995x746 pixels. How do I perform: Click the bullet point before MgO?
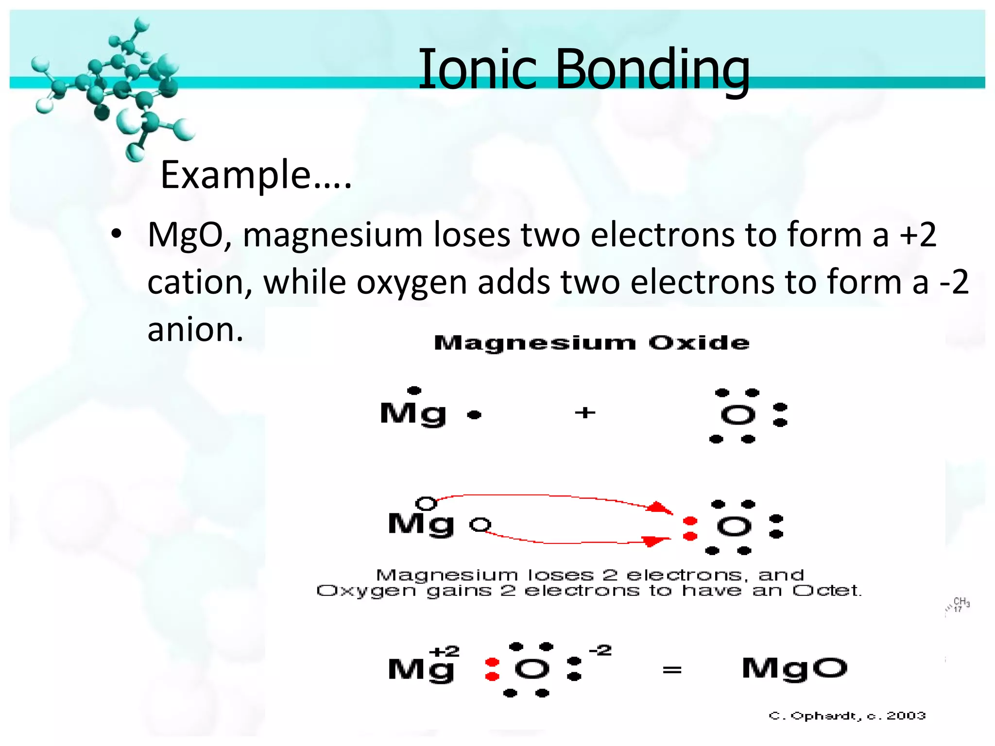point(116,235)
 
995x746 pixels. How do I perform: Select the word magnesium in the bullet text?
point(332,235)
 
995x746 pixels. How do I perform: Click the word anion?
point(195,330)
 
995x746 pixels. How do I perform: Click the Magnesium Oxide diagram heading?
point(591,343)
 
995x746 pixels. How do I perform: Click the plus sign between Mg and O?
point(585,413)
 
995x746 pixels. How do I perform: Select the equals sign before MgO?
point(672,670)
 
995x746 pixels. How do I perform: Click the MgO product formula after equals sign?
point(795,668)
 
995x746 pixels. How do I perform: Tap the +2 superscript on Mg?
point(445,651)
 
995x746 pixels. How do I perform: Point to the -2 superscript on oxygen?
point(600,650)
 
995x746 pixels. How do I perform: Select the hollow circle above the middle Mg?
point(426,503)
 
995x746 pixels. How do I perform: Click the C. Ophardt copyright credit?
point(847,715)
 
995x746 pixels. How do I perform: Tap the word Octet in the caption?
point(826,591)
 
